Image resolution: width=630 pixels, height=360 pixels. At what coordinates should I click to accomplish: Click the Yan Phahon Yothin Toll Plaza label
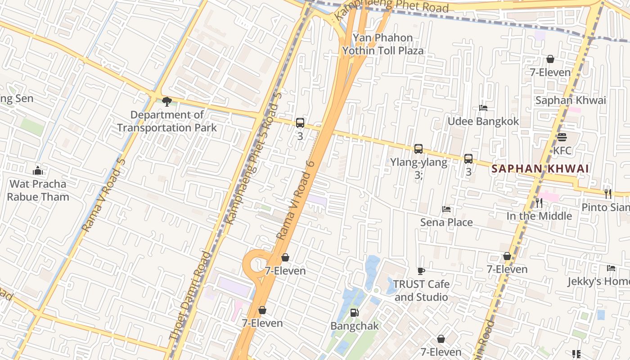pos(383,44)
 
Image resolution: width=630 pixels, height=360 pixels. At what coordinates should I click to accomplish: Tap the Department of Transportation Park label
pos(167,121)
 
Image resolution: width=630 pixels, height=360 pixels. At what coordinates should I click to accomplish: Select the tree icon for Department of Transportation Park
pos(167,101)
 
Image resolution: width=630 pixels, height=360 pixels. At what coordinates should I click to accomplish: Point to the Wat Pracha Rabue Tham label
pos(38,190)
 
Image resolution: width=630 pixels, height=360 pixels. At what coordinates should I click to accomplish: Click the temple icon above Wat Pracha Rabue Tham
pos(38,171)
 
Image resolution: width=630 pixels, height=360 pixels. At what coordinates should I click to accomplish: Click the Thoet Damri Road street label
pos(190,296)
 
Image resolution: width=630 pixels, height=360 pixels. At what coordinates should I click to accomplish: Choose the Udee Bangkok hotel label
pos(483,121)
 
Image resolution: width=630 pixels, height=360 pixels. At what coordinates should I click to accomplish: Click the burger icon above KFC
pos(562,137)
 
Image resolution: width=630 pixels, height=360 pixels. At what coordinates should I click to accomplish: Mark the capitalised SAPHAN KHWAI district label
pos(540,169)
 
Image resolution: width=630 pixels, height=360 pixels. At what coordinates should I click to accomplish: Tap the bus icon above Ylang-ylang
pos(418,148)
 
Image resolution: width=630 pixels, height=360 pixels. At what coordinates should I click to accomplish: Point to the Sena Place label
pos(446,222)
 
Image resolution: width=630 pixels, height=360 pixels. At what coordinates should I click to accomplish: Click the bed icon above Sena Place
pos(446,209)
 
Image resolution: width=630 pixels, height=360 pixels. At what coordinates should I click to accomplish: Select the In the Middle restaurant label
pos(539,216)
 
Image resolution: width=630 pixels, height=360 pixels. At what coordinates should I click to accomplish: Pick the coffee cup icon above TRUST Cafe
pos(421,271)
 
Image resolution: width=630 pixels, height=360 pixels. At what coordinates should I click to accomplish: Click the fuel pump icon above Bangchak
pos(355,312)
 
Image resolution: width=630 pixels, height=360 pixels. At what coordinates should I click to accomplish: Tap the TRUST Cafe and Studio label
pos(421,291)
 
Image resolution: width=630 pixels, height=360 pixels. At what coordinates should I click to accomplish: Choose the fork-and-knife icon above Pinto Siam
pos(608,194)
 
